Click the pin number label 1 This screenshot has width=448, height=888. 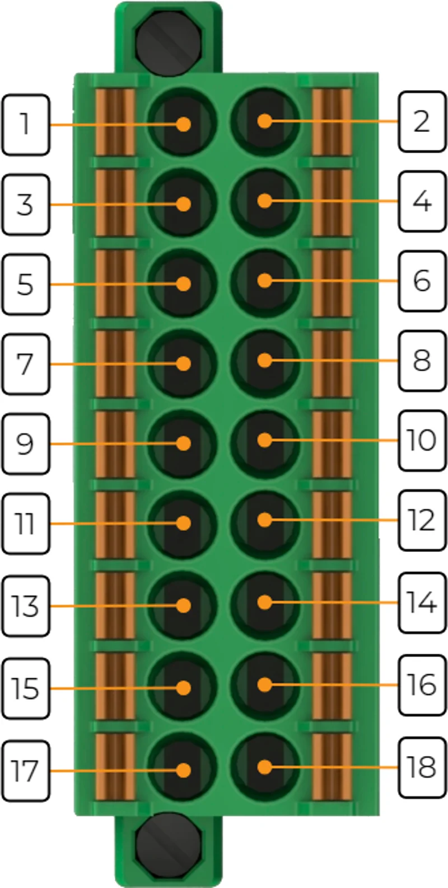pos(26,125)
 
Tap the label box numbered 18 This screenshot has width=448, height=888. pos(422,767)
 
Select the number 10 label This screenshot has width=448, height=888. pos(422,441)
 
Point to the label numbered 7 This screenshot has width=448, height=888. pos(26,364)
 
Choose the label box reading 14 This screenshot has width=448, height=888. pos(422,603)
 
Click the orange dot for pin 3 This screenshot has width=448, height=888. pos(184,204)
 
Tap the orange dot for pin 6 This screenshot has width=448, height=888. pos(264,281)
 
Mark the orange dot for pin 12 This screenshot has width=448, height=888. pos(264,519)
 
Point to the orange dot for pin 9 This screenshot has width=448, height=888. pos(184,443)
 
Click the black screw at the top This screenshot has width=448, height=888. pos(168,42)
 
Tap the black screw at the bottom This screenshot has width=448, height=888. pos(168,845)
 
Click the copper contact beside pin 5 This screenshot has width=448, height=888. pos(115,284)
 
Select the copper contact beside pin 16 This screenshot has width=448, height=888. pos(333,686)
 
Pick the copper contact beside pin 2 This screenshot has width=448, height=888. pos(333,122)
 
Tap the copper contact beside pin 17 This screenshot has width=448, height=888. pos(115,767)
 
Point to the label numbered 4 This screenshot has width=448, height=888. pos(422,201)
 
